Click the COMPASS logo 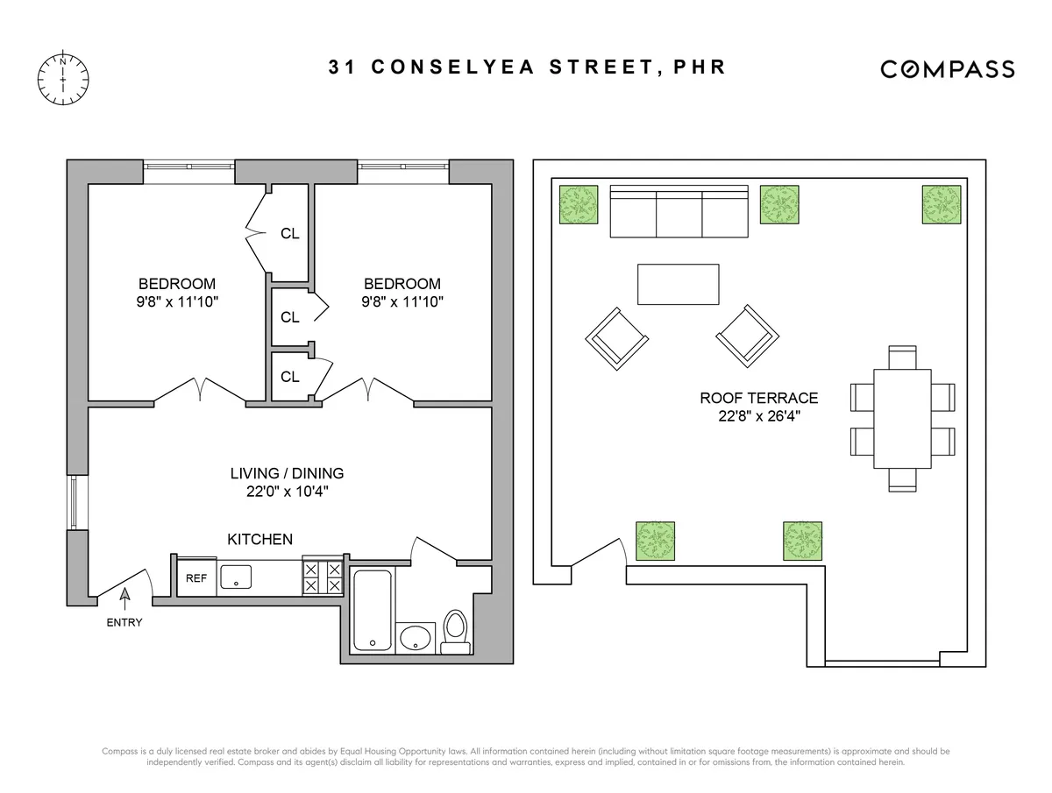coord(948,69)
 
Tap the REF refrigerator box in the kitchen coord(196,578)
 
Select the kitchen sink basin coord(236,577)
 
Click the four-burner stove coord(322,578)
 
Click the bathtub coord(373,610)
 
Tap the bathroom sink coord(415,637)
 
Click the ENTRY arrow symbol coord(124,598)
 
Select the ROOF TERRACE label coord(758,398)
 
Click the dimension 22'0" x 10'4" coord(287,492)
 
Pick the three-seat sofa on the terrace coord(679,211)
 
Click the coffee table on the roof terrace coord(678,285)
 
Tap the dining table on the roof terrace coord(902,419)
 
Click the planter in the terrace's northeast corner coord(942,204)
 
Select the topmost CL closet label coord(290,234)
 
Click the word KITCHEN coord(260,540)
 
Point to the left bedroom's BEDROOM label coord(177,284)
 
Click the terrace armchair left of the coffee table coord(616,338)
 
